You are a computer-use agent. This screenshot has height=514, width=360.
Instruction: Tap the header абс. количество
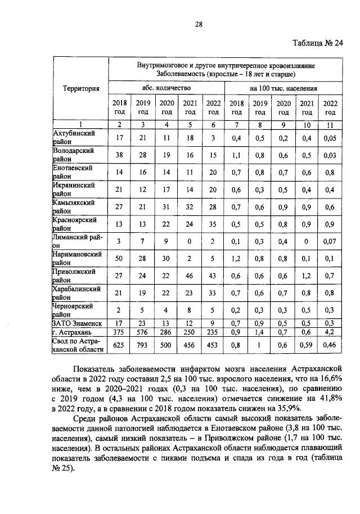[x=166, y=88]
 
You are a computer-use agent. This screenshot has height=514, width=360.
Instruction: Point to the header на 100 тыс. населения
[x=283, y=88]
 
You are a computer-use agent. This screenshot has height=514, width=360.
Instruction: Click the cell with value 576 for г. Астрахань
[x=143, y=332]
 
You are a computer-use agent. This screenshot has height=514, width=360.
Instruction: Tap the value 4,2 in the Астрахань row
[x=330, y=332]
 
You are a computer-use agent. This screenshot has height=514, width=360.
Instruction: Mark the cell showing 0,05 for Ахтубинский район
[x=330, y=138]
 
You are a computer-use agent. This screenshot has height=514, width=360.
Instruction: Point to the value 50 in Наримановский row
[x=119, y=259]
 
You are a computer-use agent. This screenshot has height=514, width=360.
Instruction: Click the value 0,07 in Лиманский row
[x=330, y=242]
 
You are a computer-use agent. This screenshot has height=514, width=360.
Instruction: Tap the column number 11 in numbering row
[x=330, y=124]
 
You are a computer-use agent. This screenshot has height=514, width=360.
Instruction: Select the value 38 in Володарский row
[x=119, y=155]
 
